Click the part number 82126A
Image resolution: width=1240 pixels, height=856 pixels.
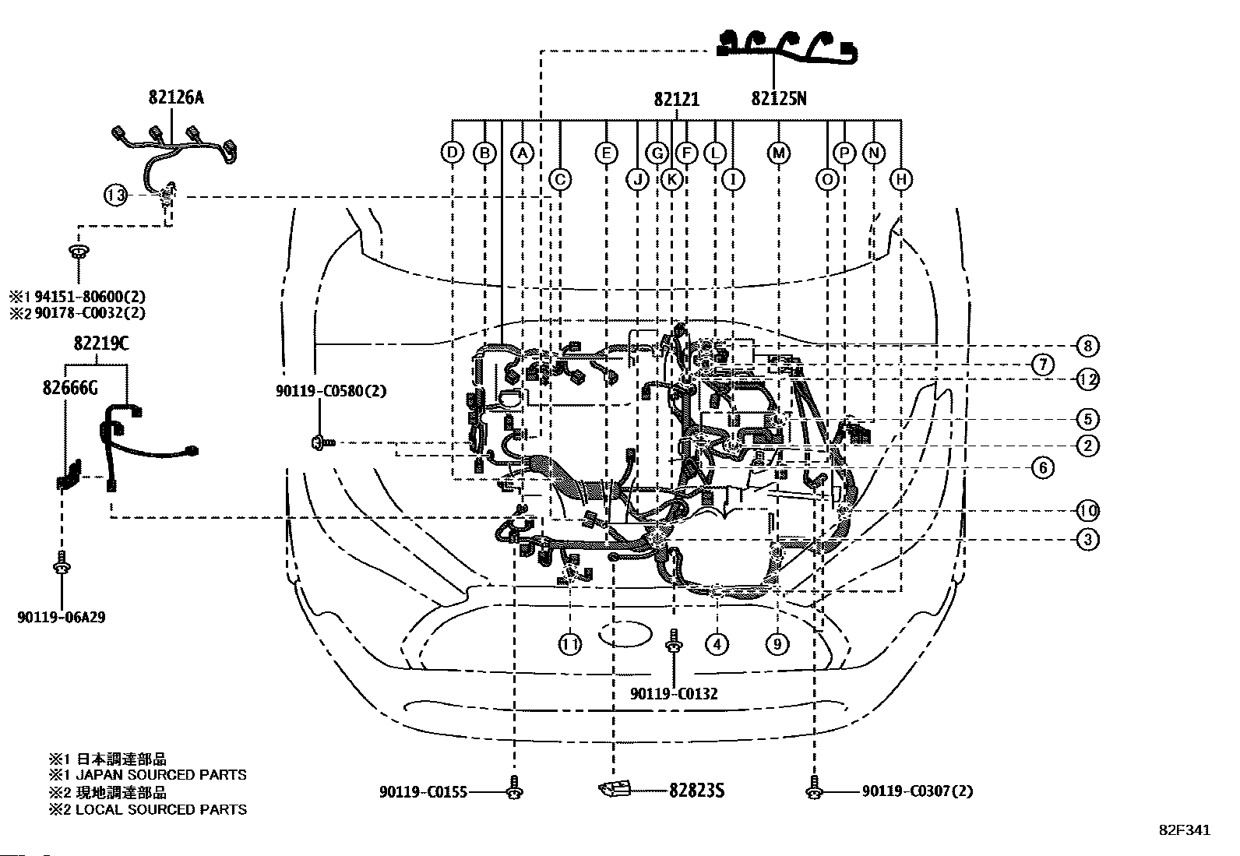(x=176, y=97)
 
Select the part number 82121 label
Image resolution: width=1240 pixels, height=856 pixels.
(x=676, y=99)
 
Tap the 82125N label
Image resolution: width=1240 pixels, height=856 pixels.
(x=778, y=99)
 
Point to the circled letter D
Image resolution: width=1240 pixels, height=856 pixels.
(x=453, y=152)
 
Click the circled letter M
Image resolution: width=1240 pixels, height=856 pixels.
(x=778, y=153)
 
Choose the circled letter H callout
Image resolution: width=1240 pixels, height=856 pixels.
(x=901, y=179)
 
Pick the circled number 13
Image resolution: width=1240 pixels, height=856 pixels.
(x=116, y=195)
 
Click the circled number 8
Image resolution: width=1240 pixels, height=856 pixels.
(x=1087, y=346)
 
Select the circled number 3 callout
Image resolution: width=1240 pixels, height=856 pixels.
(x=1087, y=539)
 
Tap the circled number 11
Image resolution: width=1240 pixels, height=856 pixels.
(x=569, y=644)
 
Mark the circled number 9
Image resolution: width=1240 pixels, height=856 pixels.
(x=777, y=644)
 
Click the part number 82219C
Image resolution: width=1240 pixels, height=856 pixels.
(x=101, y=343)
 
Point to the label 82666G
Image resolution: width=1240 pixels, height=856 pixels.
(x=70, y=388)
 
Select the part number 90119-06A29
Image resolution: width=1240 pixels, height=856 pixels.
(x=62, y=617)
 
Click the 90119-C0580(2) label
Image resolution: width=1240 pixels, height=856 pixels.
(x=331, y=391)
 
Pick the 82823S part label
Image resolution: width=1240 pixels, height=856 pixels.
(x=696, y=791)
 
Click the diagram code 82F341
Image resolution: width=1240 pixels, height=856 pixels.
(x=1185, y=830)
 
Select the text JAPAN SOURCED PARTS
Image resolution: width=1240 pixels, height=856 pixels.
(x=161, y=775)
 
